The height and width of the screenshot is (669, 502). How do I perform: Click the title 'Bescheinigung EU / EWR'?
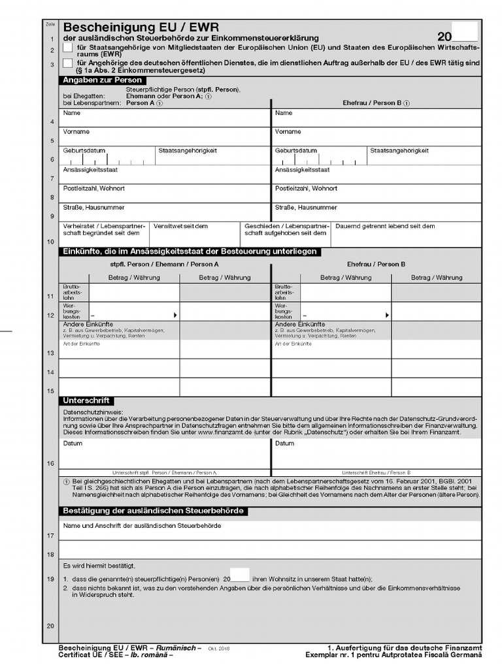pos(141,28)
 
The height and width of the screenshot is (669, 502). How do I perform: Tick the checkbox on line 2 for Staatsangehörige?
pos(68,48)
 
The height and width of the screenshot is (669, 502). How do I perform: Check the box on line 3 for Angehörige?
pos(68,63)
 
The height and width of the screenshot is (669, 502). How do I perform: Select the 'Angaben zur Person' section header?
pos(103,80)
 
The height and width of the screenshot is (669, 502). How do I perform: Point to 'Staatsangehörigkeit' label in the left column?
pos(188,151)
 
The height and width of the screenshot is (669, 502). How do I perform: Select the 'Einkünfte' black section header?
pos(190,252)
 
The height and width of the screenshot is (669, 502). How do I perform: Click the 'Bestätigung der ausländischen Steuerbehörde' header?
pos(154,511)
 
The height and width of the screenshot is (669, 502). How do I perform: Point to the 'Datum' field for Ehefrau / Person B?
pos(376,455)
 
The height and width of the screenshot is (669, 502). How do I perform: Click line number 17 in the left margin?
pos(50,536)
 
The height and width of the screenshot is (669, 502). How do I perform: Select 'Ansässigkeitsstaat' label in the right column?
pos(303,170)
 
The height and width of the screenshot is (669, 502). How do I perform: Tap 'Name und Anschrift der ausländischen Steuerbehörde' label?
pos(142,526)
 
